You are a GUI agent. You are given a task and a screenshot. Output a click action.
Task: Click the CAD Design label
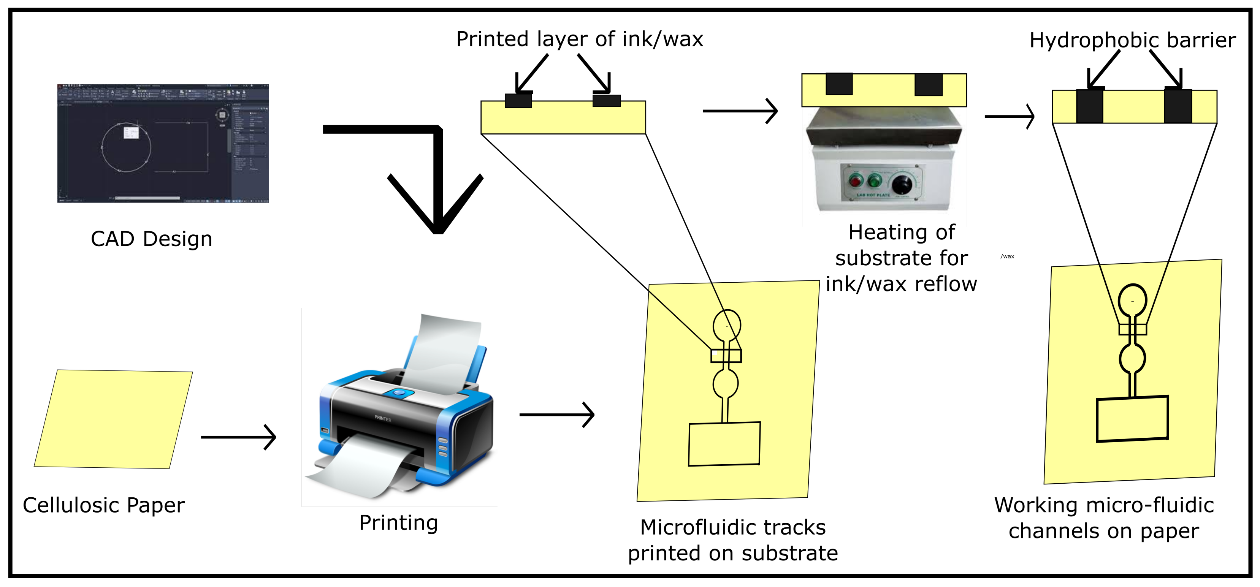[152, 239]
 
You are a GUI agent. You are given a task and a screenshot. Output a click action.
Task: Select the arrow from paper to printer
[239, 437]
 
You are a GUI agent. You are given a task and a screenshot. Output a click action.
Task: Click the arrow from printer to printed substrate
[556, 415]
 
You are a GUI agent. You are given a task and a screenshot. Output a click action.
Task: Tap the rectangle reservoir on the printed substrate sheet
[724, 444]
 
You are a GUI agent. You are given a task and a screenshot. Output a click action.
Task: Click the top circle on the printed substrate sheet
[727, 325]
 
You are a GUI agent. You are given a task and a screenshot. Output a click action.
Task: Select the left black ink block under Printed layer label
[518, 100]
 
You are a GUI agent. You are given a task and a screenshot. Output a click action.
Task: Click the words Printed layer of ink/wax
[580, 39]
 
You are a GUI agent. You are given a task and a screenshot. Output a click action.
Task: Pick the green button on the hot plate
[874, 181]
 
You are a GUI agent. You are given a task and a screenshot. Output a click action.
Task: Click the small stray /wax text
[1007, 256]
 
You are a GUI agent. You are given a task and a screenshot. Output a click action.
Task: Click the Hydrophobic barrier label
[1132, 40]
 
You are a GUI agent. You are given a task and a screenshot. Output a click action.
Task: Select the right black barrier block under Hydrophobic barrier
[1178, 106]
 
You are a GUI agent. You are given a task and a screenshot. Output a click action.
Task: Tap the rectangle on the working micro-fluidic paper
[1132, 419]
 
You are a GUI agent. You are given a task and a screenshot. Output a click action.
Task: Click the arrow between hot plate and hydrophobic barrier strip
[1010, 116]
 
